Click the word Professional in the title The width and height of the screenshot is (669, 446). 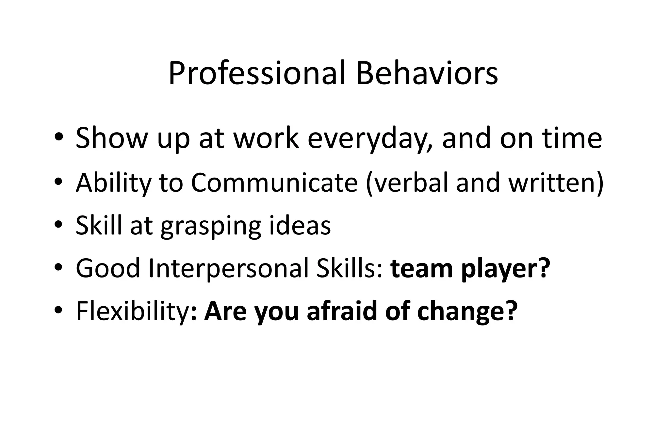pos(257,73)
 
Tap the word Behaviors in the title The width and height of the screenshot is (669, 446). pos(427,73)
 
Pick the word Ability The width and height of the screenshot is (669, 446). pos(114,183)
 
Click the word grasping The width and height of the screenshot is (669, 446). pos(211,226)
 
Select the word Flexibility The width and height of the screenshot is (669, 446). pos(132,311)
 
